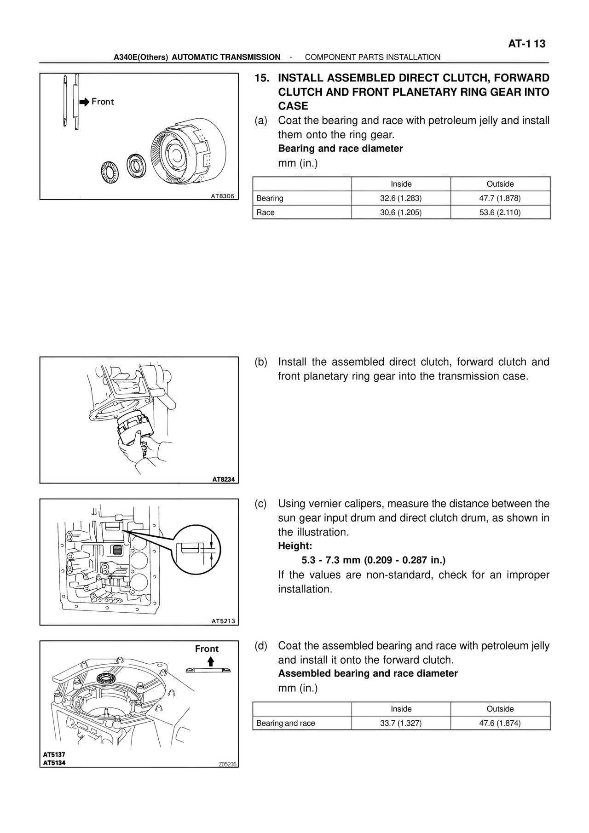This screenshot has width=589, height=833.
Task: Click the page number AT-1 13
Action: pos(526,44)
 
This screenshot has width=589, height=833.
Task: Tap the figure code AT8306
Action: pos(222,196)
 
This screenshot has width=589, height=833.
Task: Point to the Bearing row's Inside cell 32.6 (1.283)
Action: pos(401,198)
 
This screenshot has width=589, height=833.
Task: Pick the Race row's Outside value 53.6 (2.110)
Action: pos(500,213)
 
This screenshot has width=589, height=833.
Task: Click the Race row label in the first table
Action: pos(266,213)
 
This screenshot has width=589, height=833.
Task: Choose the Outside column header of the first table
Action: pos(500,184)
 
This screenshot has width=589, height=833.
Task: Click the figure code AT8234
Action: pos(223,479)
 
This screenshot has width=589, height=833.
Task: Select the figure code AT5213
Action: pos(223,621)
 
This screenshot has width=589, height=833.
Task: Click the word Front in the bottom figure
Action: pos(207,649)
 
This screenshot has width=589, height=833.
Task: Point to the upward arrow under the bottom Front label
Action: pos(211,662)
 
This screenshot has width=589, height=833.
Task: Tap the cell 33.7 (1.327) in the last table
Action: pos(401,723)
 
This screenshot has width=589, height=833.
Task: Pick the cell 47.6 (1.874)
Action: pos(500,723)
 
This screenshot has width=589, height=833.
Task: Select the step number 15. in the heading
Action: pos(262,78)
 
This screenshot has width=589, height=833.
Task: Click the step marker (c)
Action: pos(261,504)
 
